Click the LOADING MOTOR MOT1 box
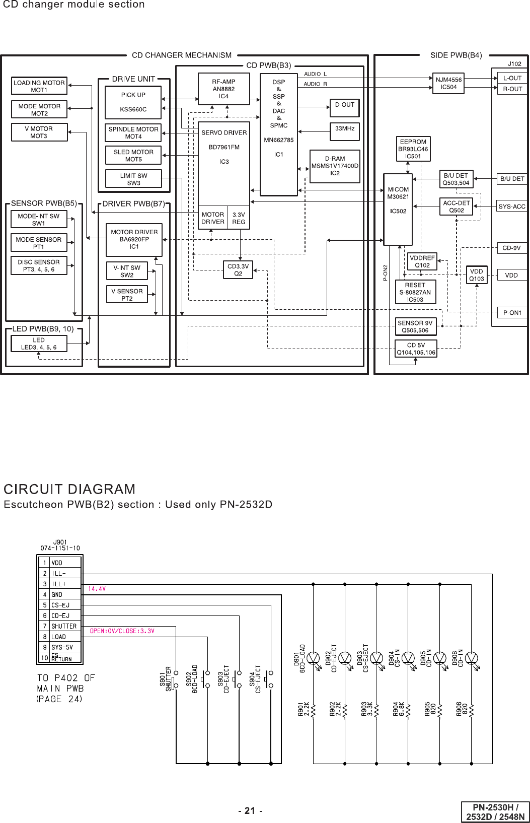[39, 86]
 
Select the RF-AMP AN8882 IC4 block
[223, 89]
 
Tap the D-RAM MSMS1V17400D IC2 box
[335, 166]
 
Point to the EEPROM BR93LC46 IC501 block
[413, 149]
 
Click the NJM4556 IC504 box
[448, 83]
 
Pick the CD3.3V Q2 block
[238, 270]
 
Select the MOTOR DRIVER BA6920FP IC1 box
[134, 240]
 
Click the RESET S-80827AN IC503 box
[415, 292]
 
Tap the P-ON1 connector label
[512, 313]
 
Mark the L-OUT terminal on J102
[512, 78]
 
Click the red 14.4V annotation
[97, 589]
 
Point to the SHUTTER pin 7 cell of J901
[64, 626]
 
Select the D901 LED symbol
[313, 658]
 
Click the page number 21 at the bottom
[250, 810]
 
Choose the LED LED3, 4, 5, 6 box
[39, 344]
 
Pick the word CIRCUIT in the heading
[34, 490]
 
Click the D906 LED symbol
[471, 658]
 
